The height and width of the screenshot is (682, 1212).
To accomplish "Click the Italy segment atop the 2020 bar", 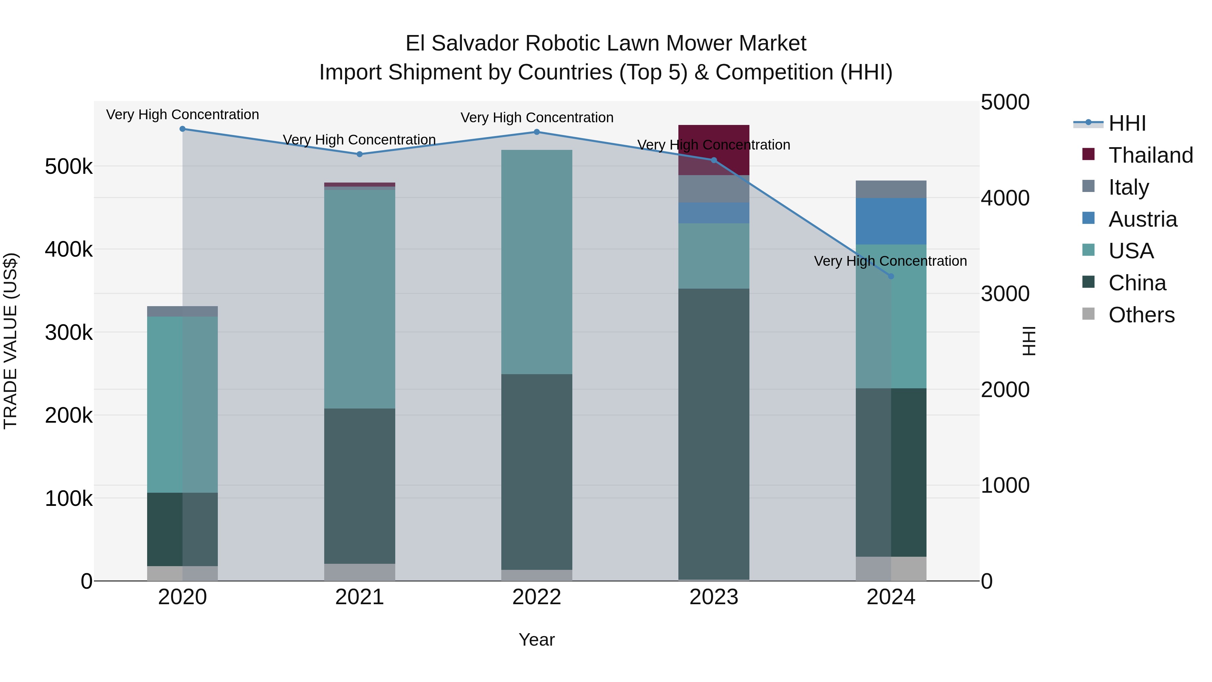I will pos(182,311).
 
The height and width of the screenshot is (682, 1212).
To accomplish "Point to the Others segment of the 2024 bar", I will pos(890,569).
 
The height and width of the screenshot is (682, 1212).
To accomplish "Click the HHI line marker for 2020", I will pos(182,129).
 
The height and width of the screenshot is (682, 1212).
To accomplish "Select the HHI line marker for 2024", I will pos(890,276).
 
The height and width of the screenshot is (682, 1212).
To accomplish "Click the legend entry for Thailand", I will pos(1150,155).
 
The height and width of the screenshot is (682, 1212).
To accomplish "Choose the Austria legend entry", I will pos(1142,219).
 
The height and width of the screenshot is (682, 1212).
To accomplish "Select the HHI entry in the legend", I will pos(1127,123).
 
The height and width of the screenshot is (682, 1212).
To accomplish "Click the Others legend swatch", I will pos(1088,314).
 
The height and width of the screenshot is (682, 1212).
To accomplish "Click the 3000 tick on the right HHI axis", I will pos(1005,294).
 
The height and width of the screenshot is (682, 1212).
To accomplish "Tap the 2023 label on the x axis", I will pos(713,597).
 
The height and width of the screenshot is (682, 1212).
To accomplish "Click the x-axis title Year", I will pos(536,640).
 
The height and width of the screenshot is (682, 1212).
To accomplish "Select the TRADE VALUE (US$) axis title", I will pos(10,341).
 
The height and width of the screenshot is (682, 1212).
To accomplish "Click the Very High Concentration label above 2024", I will pos(890,261).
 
